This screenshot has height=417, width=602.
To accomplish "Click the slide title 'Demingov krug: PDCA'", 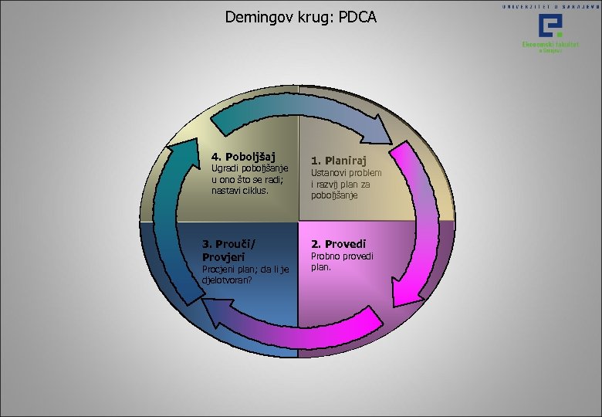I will tap(301, 16).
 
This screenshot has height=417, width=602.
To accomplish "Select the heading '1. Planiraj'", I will tap(340, 161).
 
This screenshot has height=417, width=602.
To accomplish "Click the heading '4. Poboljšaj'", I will tap(244, 157).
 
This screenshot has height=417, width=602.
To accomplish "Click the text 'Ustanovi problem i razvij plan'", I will tap(346, 184).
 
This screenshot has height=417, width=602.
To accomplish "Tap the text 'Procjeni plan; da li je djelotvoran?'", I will tap(245, 274).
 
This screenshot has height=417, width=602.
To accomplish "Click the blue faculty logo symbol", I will tap(551, 27).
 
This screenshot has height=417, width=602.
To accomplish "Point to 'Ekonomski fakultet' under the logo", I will tap(551, 44).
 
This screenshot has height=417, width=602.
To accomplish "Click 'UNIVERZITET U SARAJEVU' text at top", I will tap(550, 5).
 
